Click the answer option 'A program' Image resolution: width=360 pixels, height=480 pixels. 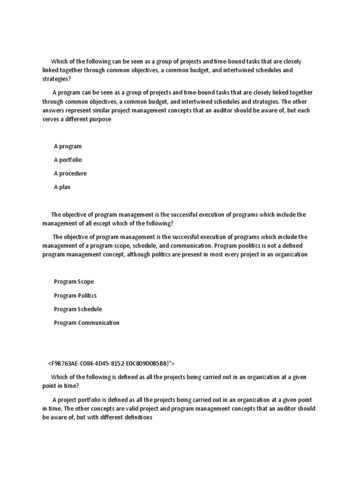pos(67,146)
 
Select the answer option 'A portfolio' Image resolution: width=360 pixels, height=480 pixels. pos(67,160)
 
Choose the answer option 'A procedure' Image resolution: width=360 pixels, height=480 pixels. pos(70,173)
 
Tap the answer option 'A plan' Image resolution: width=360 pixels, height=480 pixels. pos(62,187)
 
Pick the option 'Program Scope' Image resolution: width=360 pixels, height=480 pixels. pos(74,282)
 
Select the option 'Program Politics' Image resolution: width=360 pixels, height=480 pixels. pos(75,295)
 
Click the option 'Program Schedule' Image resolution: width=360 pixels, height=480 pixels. pos(78,309)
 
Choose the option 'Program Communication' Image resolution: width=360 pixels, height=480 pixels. pos(86,322)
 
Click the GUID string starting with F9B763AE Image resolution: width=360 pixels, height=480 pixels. pos(111,363)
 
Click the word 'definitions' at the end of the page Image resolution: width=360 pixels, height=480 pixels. pos(137,417)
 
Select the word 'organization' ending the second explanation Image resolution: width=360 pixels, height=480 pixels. pos(292,255)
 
